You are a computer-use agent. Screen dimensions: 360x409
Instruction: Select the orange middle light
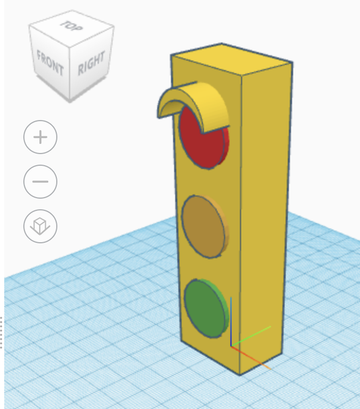click(204, 226)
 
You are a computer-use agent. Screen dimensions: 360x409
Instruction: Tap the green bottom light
click(206, 308)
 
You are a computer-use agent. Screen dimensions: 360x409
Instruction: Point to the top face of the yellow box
click(232, 59)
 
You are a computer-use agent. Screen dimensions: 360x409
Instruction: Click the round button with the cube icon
click(40, 226)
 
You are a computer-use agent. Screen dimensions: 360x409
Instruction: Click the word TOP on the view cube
click(71, 26)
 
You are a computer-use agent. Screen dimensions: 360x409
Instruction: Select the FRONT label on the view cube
click(50, 63)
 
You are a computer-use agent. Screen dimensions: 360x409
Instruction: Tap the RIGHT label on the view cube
click(92, 63)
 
